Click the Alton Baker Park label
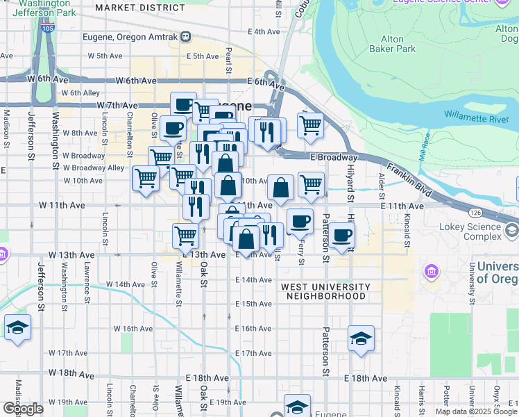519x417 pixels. coord(398,44)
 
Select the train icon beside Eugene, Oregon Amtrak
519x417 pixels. coord(185,36)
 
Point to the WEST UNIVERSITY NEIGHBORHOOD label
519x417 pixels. coord(325,291)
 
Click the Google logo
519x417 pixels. coord(23,409)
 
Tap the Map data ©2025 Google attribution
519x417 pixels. coord(475,411)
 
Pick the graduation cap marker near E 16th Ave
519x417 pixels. coord(361,338)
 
